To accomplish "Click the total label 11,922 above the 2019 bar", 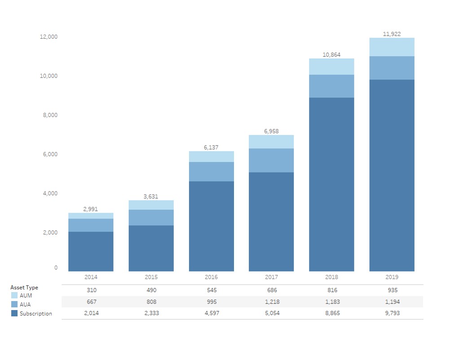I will tap(392, 34).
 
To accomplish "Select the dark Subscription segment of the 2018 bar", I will tap(331, 184).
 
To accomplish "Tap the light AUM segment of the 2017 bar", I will tap(271, 142).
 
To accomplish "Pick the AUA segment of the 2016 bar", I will tap(211, 172).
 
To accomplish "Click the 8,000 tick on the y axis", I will tap(49, 115).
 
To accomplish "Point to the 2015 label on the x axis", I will tap(151, 277).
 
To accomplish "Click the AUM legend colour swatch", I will tap(14, 296).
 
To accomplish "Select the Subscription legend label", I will tap(36, 314).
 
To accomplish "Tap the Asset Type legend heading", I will tap(24, 288).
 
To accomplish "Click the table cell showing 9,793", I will tap(392, 313).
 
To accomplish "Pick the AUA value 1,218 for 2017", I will tap(271, 302).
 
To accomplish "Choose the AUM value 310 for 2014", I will tap(91, 290).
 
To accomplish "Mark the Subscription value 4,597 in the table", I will tap(211, 313).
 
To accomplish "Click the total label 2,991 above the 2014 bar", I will tap(91, 209).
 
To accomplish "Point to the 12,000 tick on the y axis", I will tap(49, 37).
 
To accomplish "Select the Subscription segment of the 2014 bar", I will tap(91, 251).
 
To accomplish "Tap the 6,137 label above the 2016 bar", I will tap(211, 147).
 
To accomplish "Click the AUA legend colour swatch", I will tap(14, 305).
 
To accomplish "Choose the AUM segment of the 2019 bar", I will tap(392, 47).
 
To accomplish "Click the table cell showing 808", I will tap(151, 302).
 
